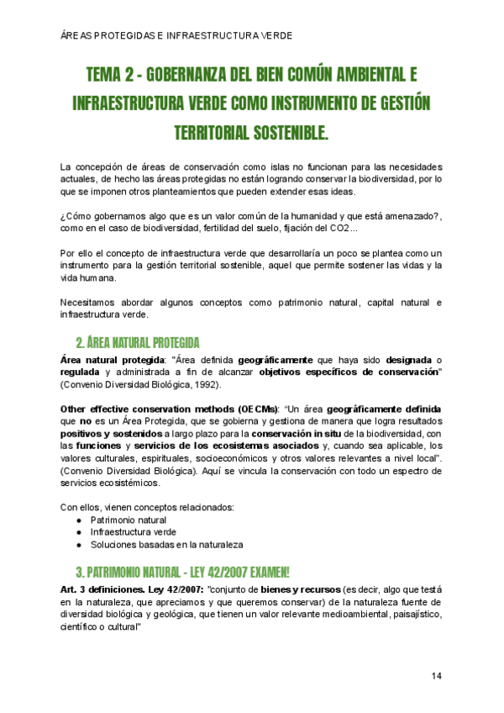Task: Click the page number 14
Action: point(437,676)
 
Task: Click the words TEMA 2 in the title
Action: point(112,76)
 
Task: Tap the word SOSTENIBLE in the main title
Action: point(285,134)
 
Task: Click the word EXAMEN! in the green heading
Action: point(261,572)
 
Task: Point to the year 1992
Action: point(205,384)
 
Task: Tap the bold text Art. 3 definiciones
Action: point(94,590)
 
